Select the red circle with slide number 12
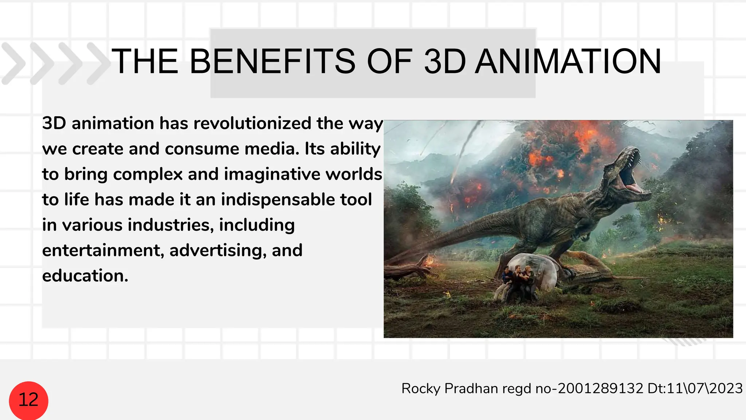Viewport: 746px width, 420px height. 28,400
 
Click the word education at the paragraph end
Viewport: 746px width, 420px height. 85,276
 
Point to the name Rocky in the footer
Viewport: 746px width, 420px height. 421,389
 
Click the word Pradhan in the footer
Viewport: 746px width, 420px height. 471,389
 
